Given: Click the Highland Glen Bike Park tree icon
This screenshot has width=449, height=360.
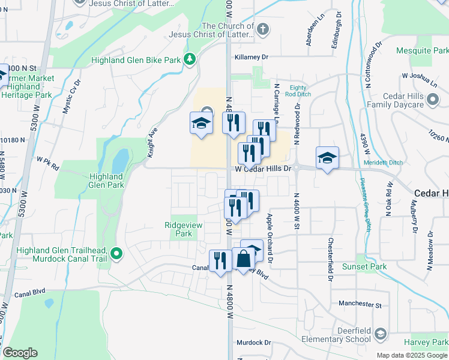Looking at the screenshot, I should (x=190, y=59).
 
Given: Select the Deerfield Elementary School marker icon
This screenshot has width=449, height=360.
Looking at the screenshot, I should (x=379, y=334).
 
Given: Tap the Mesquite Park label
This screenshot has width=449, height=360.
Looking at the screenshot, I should (x=423, y=51).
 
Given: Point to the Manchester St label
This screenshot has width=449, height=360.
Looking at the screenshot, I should (x=360, y=305).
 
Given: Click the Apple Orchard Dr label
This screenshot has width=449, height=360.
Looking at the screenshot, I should (x=270, y=239).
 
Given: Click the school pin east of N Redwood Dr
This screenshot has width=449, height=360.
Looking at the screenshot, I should (x=327, y=158).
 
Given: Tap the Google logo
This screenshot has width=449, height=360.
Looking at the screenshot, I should (x=20, y=353).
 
